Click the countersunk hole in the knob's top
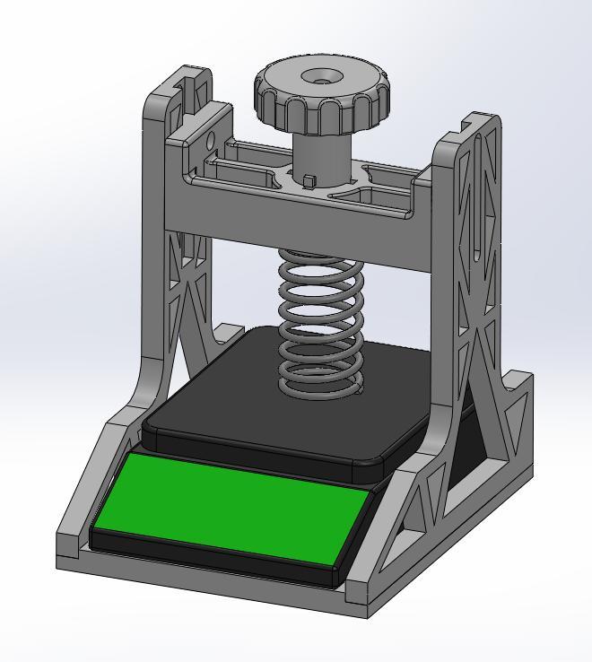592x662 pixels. [x=320, y=78]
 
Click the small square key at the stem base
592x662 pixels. [x=309, y=182]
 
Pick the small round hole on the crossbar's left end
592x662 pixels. [x=209, y=141]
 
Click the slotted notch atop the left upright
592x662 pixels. [x=189, y=90]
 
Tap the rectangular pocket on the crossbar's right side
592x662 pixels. [x=381, y=193]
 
